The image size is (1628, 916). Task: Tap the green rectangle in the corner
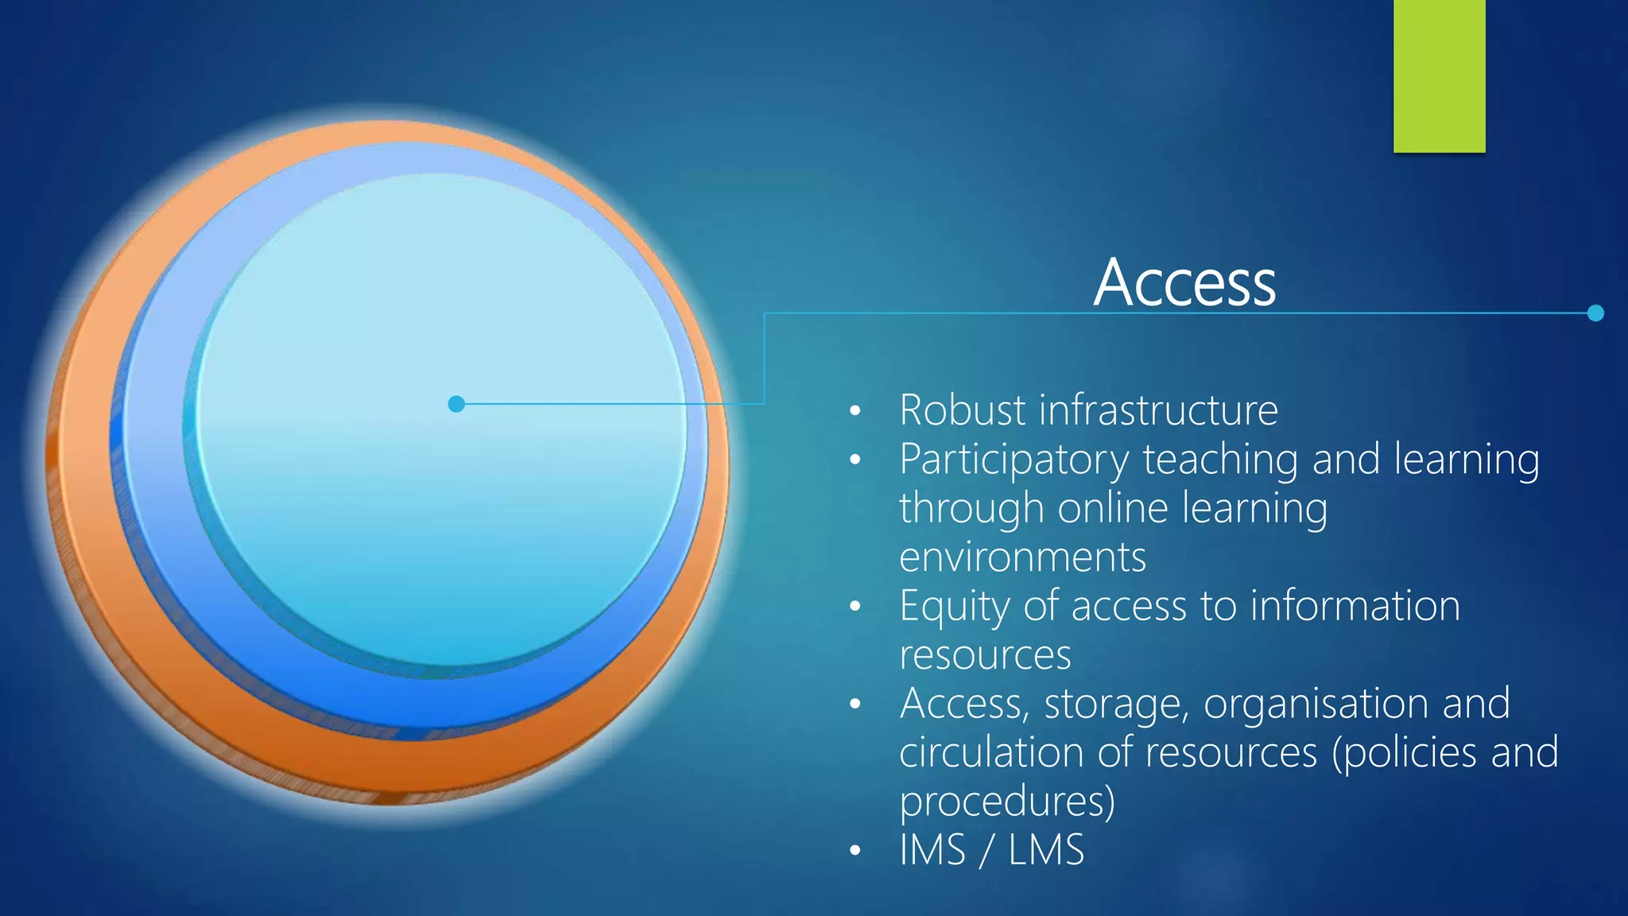click(x=1439, y=76)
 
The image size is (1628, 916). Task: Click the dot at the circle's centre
click(x=456, y=404)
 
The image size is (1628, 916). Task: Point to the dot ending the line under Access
click(x=1595, y=313)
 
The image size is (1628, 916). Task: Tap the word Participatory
click(x=1014, y=460)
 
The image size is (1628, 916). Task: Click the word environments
click(x=1022, y=557)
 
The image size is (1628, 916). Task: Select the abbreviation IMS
click(x=932, y=850)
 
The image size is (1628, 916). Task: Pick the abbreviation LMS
click(x=1046, y=850)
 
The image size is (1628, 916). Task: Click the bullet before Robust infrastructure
click(x=855, y=411)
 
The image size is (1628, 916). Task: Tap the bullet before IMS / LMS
click(x=855, y=851)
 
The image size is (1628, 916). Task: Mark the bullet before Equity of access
click(x=855, y=607)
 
